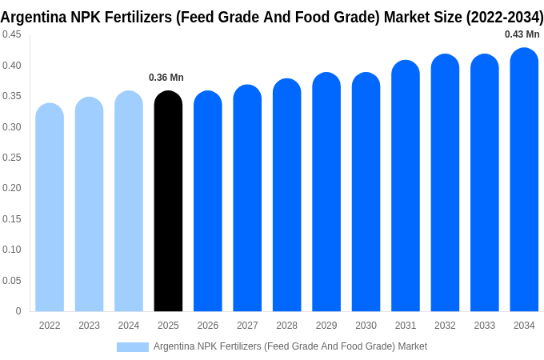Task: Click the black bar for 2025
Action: [168, 202]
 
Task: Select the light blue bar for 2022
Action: [50, 208]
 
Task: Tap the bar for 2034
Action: [524, 180]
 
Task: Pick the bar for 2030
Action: [366, 192]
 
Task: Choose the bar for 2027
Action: [247, 198]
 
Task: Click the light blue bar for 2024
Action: [129, 202]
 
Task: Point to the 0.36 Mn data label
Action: [166, 78]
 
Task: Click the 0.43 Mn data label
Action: [522, 34]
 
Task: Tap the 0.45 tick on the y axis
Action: [12, 34]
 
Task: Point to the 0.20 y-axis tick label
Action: [12, 188]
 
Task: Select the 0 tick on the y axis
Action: [18, 311]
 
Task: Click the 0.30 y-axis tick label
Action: [12, 126]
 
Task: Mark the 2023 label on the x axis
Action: [89, 326]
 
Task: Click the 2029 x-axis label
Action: [326, 326]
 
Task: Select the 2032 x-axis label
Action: [445, 326]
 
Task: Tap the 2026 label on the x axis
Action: [208, 326]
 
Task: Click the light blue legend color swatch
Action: [132, 346]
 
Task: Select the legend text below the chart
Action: [290, 346]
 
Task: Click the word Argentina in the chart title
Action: [34, 17]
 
